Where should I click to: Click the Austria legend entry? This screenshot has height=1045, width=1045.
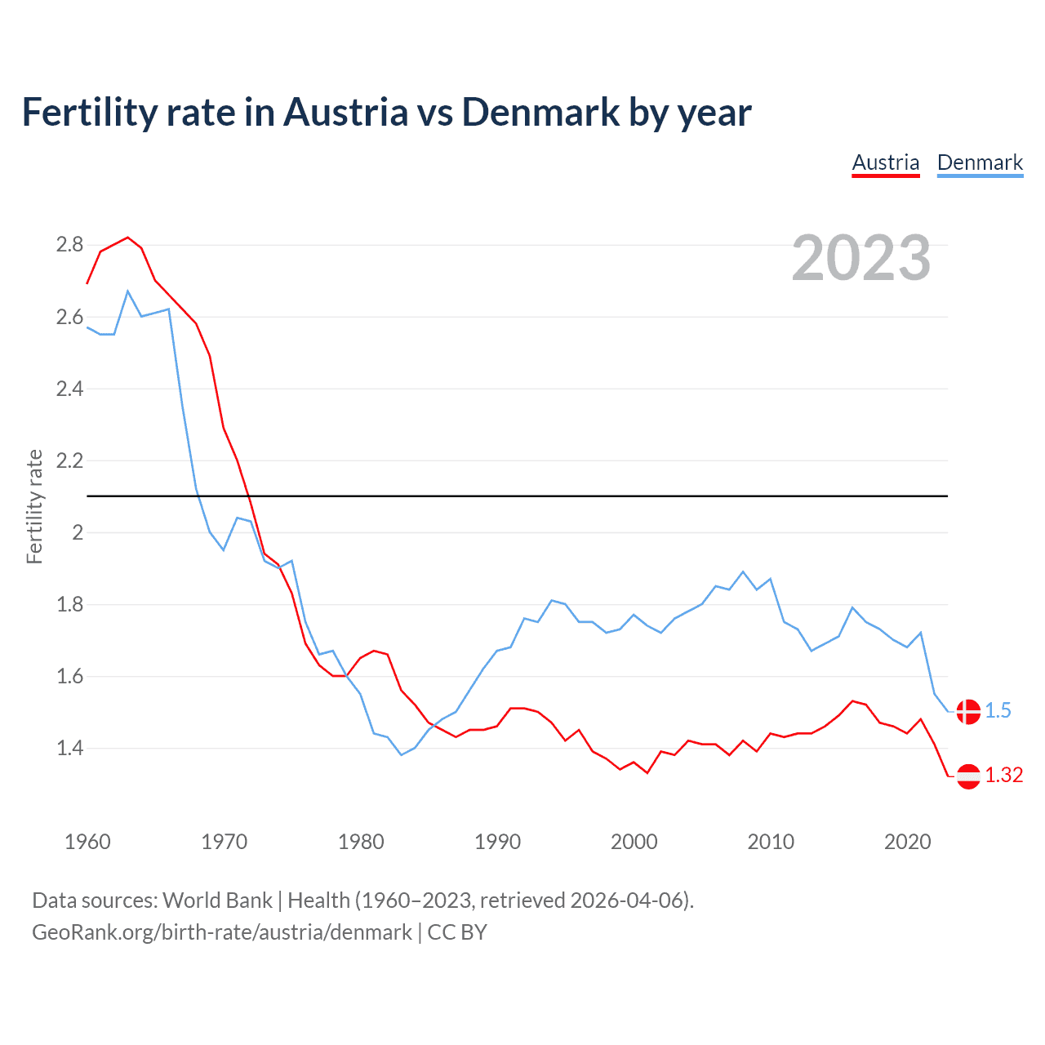(x=886, y=162)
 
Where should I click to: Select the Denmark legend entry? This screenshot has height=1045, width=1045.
(x=980, y=162)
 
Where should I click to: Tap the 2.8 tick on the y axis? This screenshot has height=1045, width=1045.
(x=69, y=245)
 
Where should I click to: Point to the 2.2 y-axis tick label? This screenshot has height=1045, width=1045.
(x=69, y=460)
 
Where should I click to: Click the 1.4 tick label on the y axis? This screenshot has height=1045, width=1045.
(x=69, y=748)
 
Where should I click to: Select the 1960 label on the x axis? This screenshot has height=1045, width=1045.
(x=87, y=842)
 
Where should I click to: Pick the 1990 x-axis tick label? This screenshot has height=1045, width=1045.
(x=497, y=842)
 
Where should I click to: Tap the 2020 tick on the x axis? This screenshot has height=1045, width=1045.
(x=907, y=842)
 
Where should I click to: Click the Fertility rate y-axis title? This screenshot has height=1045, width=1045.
(x=34, y=506)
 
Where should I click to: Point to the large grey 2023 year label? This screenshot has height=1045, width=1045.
(x=860, y=259)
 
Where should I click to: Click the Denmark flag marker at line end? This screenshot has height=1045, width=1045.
(x=968, y=711)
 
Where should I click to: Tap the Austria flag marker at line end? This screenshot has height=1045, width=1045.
(x=968, y=776)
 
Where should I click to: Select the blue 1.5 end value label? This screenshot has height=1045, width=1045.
(x=998, y=711)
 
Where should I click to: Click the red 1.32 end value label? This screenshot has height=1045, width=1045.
(x=1003, y=776)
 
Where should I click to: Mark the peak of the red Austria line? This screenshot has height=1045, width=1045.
(x=127, y=238)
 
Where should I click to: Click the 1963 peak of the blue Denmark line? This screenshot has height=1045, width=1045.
(x=128, y=291)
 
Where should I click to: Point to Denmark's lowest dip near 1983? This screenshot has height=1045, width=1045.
(x=402, y=754)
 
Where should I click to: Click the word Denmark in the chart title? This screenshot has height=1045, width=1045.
(x=540, y=112)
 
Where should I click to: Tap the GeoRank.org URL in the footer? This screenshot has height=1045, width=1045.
(x=222, y=932)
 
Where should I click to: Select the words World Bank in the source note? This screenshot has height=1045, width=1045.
(x=217, y=900)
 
